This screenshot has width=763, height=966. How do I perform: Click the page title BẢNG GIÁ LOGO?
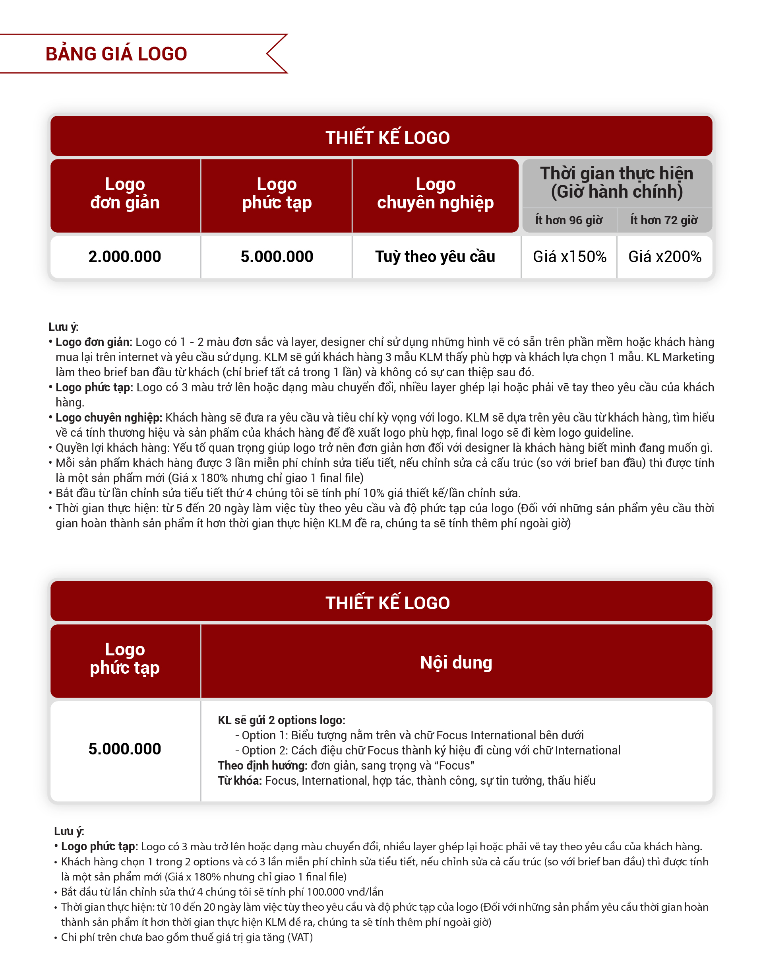coord(116,54)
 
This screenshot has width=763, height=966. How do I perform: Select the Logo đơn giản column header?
coord(125,193)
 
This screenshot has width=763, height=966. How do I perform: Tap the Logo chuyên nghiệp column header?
coord(435,193)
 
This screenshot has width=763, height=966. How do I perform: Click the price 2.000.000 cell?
coord(125,257)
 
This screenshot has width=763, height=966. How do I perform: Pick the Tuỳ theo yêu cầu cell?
coord(435,257)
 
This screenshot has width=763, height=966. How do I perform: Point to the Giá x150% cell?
coord(569,257)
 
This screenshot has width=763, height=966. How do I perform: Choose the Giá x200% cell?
coord(665,257)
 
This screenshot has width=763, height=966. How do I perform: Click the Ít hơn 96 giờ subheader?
coord(569,220)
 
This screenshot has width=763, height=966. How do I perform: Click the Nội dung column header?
coord(456,662)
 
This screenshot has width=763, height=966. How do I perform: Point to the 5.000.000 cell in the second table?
coord(125,749)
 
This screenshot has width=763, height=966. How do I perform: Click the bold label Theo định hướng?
coord(263,766)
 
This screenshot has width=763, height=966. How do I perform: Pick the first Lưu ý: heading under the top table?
coord(64,327)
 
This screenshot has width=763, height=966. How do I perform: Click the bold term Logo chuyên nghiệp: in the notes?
coord(108,418)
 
